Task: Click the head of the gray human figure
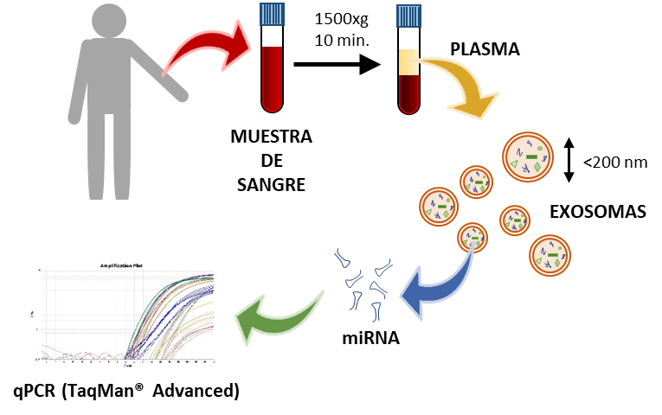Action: (x=109, y=21)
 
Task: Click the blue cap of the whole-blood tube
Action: (x=272, y=14)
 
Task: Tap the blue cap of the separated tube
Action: (x=408, y=16)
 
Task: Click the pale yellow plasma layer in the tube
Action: (x=408, y=61)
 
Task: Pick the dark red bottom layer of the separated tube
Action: (x=408, y=93)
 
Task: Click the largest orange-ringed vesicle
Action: (x=528, y=156)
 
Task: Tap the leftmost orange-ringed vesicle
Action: (x=439, y=207)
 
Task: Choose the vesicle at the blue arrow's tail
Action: (x=472, y=237)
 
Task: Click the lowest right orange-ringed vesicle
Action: (x=550, y=255)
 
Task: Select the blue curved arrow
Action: (x=437, y=285)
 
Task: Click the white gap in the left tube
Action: (x=272, y=36)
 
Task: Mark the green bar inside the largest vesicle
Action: (x=530, y=156)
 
